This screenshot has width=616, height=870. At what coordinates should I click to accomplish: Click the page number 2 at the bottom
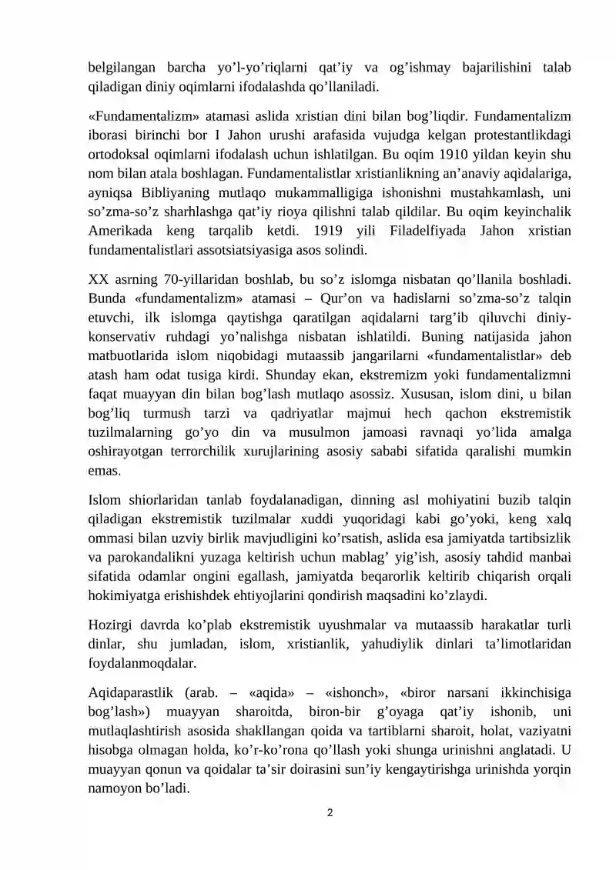[x=330, y=812]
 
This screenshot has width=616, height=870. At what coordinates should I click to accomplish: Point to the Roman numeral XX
[x=99, y=278]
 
